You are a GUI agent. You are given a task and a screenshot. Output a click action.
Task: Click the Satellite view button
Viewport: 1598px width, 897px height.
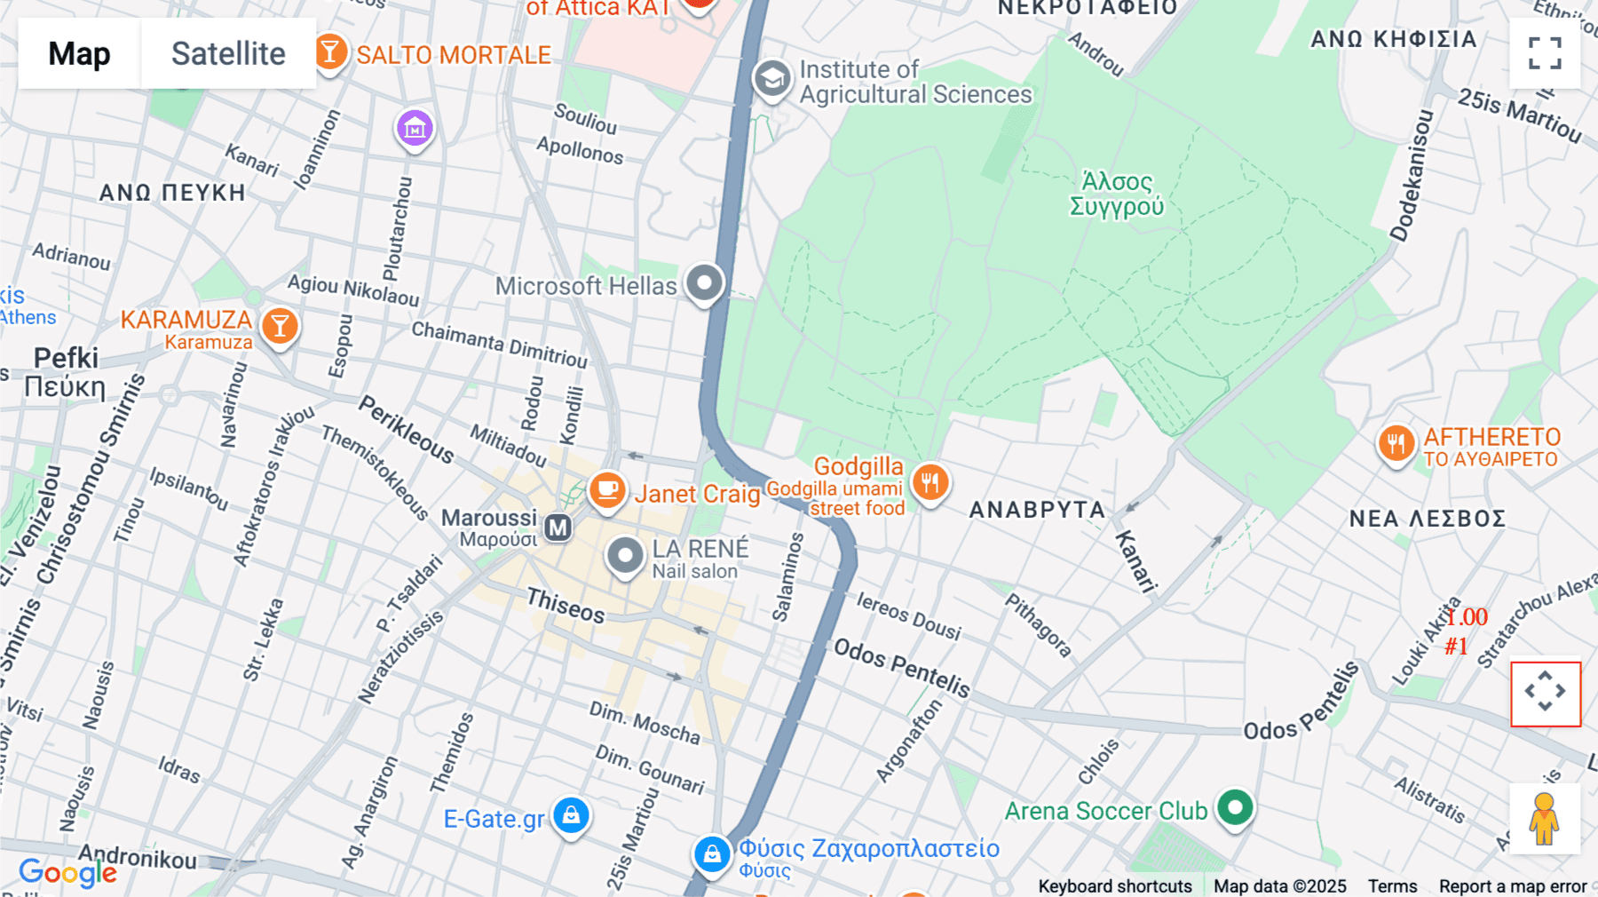pos(228,53)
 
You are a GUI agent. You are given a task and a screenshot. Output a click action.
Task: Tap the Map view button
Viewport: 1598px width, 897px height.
pos(79,53)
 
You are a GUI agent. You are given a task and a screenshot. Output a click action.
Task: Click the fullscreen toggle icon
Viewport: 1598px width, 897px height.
pos(1545,53)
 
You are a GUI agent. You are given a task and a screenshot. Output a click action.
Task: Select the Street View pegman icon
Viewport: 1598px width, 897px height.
pos(1544,819)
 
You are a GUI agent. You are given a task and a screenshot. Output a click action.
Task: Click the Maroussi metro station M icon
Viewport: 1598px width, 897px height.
pos(558,528)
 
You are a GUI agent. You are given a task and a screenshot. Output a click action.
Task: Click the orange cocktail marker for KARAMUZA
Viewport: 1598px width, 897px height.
pos(280,326)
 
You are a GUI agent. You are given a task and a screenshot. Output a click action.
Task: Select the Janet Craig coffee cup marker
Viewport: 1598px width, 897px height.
pos(607,489)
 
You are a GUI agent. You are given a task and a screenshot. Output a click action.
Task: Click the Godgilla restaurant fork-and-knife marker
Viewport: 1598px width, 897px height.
pos(930,482)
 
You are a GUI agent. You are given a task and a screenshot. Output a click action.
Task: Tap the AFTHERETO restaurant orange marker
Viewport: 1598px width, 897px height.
pos(1396,442)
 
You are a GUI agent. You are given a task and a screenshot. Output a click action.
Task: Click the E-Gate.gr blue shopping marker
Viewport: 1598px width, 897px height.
pos(571,814)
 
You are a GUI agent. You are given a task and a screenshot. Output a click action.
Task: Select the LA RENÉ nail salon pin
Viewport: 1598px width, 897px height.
pos(625,556)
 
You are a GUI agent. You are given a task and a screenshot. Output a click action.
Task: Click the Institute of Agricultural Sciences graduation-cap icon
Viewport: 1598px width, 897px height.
pos(772,79)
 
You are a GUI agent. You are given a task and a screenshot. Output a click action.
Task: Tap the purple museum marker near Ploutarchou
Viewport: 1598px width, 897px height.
pos(415,129)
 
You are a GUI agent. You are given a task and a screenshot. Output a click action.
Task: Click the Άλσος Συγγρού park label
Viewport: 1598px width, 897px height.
pos(1117,194)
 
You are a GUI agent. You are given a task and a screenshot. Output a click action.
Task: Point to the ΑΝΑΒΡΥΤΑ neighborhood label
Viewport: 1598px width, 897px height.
pos(1037,510)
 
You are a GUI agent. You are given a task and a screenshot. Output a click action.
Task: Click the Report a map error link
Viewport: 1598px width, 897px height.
pos(1513,886)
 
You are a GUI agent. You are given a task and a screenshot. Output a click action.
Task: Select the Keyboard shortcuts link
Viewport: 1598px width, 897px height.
pos(1115,886)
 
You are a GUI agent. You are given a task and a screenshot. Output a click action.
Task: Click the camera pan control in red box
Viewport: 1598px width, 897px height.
pos(1546,693)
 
